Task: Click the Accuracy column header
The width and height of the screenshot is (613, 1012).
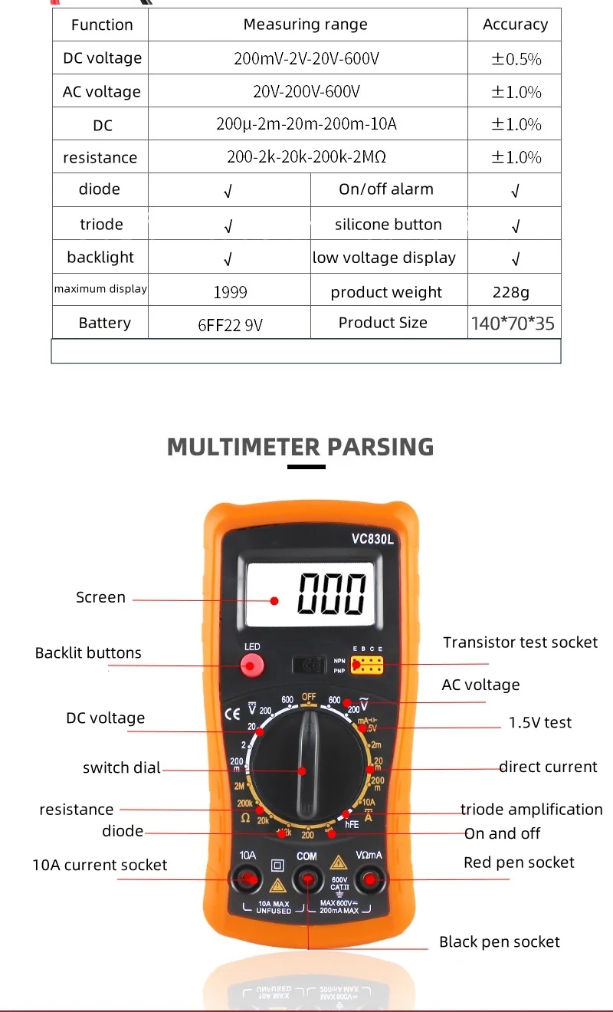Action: pyautogui.click(x=515, y=25)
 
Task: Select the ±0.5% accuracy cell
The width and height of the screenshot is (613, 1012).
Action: pyautogui.click(x=515, y=59)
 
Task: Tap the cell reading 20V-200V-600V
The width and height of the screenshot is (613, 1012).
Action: pyautogui.click(x=306, y=92)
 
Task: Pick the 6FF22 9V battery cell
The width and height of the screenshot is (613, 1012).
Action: pyautogui.click(x=230, y=324)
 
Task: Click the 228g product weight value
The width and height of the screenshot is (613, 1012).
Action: pyautogui.click(x=511, y=292)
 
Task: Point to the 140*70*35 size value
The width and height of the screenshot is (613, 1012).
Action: pyautogui.click(x=513, y=324)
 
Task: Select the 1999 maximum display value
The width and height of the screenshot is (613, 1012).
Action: pyautogui.click(x=230, y=292)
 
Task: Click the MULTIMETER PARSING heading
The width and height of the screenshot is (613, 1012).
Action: pyautogui.click(x=300, y=446)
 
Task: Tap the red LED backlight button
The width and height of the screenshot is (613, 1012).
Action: pyautogui.click(x=251, y=665)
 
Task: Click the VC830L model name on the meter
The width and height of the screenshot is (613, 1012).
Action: pyautogui.click(x=372, y=538)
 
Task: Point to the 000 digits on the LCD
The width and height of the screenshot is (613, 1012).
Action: pyautogui.click(x=332, y=593)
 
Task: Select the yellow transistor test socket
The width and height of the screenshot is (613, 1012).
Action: pyautogui.click(x=366, y=664)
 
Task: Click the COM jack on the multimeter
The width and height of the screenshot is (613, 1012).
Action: pyautogui.click(x=307, y=880)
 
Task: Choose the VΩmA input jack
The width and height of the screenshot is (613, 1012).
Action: pyautogui.click(x=369, y=880)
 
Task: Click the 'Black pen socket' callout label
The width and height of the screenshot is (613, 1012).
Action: pyautogui.click(x=499, y=941)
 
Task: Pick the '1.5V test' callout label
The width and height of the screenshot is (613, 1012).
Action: pyautogui.click(x=540, y=722)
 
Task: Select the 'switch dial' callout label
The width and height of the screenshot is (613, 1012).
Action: pyautogui.click(x=122, y=767)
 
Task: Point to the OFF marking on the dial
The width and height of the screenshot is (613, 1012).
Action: pyautogui.click(x=308, y=697)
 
